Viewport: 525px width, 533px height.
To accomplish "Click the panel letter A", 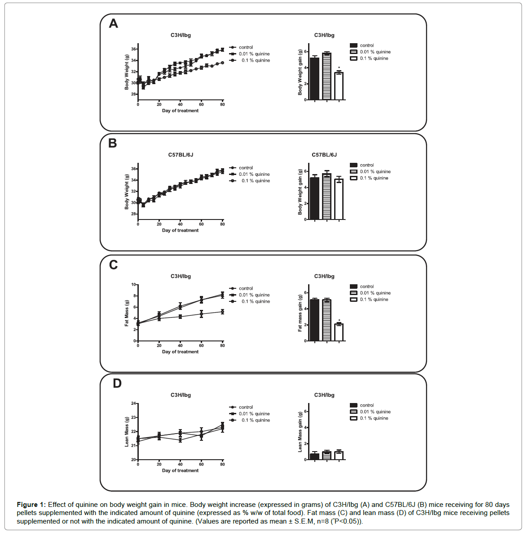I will pos(114,23).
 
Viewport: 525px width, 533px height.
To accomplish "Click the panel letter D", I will pos(117,383).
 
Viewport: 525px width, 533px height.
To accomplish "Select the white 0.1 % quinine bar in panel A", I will pos(339,86).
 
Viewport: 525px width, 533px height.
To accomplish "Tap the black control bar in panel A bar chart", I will pos(314,79).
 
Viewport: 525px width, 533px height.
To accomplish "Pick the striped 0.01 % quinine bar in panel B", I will pos(326,197).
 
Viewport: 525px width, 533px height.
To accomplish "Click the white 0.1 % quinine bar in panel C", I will pos(339,332).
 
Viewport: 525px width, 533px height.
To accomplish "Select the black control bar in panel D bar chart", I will pos(314,457).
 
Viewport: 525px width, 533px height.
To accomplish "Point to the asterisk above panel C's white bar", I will pos(339,321).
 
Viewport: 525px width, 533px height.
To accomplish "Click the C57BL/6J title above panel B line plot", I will pos(181,155).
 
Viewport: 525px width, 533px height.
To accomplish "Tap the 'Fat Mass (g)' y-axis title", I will pos(127,313).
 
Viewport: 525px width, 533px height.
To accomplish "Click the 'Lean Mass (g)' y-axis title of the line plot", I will pos(127,432).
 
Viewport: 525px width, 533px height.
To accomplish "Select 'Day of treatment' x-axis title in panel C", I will pos(180,352).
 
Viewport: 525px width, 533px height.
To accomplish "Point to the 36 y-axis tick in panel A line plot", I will pos(133,49).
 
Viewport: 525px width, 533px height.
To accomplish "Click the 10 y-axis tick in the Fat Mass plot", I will pos(133,285).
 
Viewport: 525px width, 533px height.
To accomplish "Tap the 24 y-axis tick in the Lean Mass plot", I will pos(133,403).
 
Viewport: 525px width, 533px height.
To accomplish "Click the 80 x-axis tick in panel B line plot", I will pos(222,224).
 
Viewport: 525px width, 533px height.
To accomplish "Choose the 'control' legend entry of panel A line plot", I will pos(246,47).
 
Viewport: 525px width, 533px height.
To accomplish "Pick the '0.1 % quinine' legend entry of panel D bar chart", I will pos(374,418).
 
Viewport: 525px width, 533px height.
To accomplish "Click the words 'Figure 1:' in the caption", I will pos(31,505).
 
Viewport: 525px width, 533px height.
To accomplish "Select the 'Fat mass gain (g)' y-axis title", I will pos(300,313).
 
